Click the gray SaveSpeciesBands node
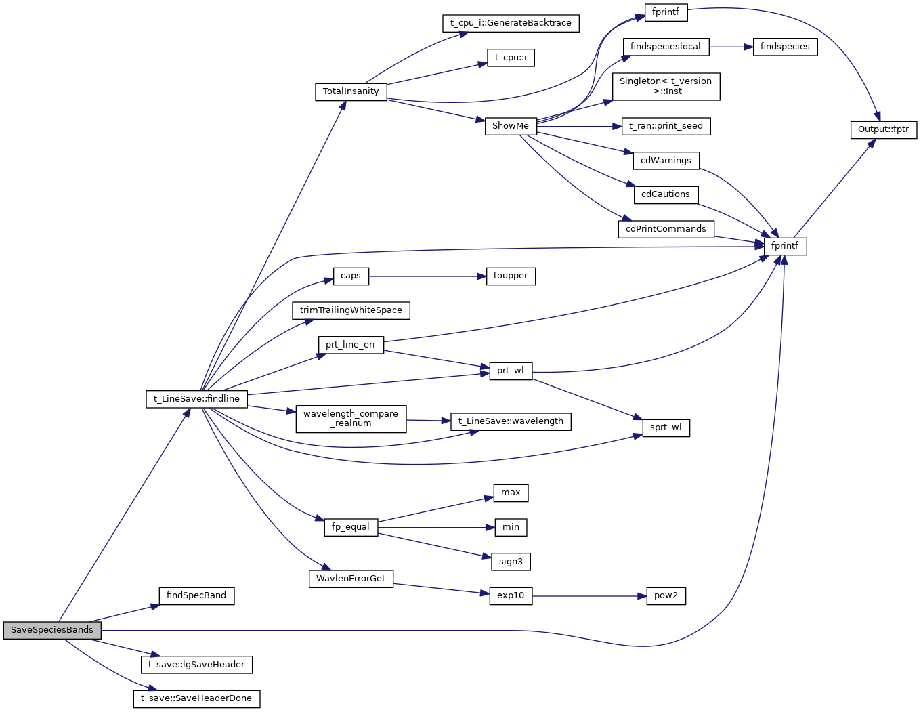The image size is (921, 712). (52, 630)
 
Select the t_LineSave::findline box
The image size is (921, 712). (196, 399)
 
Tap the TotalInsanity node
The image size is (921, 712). (351, 91)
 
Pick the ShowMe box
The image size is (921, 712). (511, 126)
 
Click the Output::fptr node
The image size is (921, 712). (883, 129)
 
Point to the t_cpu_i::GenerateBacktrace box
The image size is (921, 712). (511, 23)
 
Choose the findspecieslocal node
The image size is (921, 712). (666, 47)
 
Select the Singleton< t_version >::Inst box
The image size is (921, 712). (666, 87)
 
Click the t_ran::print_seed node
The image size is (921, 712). (666, 126)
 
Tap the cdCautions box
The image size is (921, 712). (666, 194)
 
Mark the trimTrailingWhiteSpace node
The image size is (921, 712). (351, 310)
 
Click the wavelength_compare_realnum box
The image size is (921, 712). (351, 419)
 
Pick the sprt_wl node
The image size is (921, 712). (666, 427)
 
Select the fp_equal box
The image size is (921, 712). (351, 527)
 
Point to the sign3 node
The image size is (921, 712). (511, 562)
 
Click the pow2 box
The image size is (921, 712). (666, 596)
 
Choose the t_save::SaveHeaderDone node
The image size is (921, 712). (196, 698)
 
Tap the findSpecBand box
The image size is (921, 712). (196, 595)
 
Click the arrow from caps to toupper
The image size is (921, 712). (427, 276)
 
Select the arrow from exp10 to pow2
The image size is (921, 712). (589, 596)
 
